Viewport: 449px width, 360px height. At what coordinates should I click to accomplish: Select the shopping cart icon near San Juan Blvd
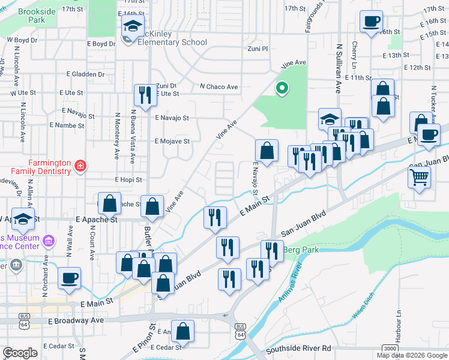tap(419, 176)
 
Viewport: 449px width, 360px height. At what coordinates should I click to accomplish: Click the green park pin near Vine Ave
tap(281, 89)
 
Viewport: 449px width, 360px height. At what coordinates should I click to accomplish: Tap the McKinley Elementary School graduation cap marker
tap(133, 26)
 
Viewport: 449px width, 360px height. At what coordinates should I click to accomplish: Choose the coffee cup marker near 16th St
tap(371, 22)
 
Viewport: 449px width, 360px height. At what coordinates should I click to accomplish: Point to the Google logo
tap(20, 352)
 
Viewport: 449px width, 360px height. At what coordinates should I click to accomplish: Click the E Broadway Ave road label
tap(76, 321)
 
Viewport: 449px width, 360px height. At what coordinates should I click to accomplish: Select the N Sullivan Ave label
tap(339, 67)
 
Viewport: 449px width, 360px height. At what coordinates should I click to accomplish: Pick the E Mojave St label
tap(172, 142)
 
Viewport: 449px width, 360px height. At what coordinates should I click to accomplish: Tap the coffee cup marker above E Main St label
tap(69, 277)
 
